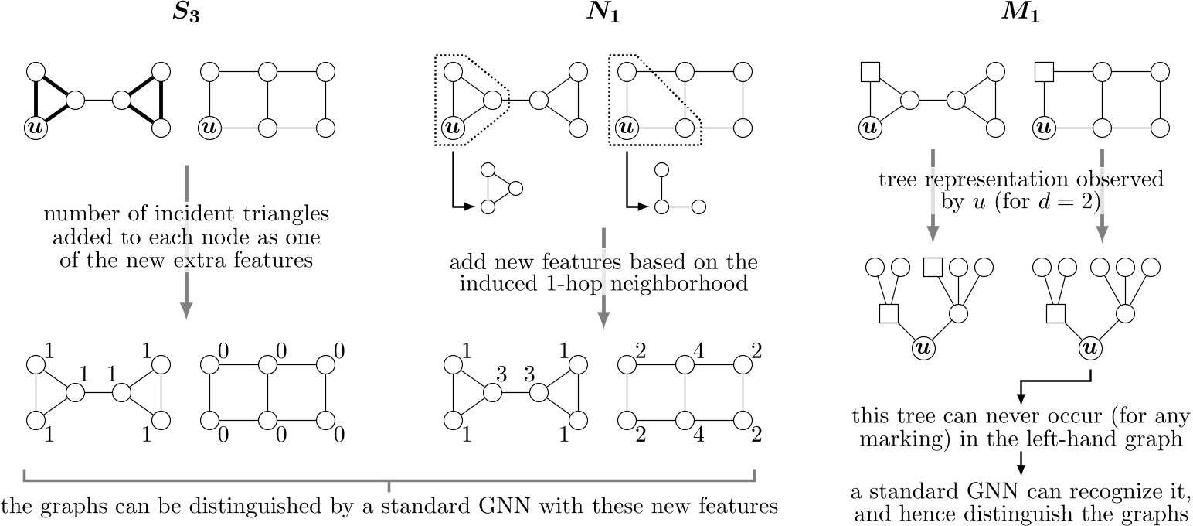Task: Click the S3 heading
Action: [185, 15]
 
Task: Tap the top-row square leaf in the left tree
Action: [933, 268]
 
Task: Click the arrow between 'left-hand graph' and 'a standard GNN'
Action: [1021, 463]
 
